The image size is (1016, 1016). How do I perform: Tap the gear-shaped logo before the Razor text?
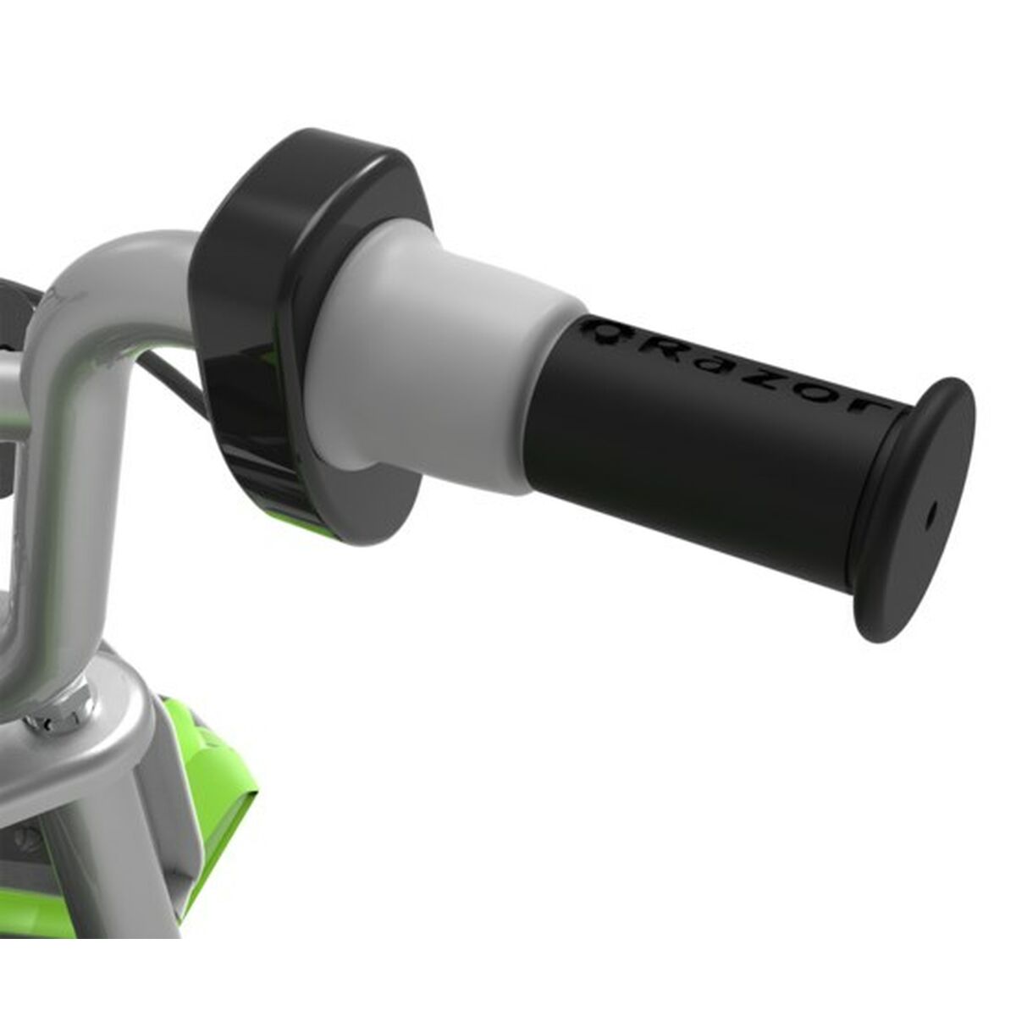click(x=608, y=329)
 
